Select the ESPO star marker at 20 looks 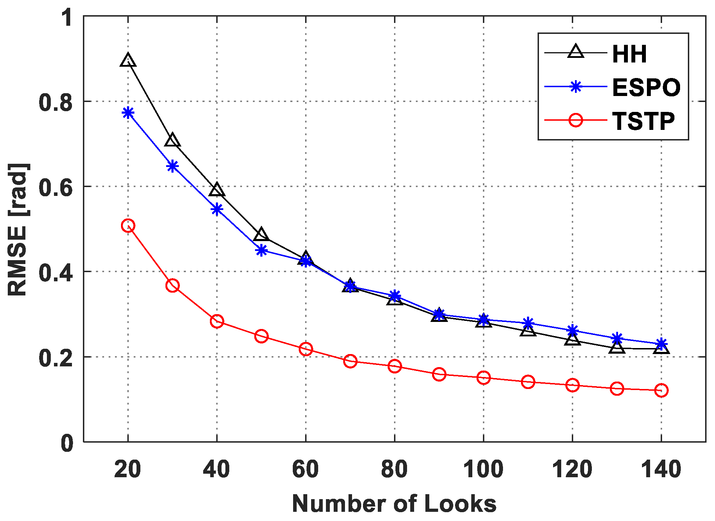click(x=128, y=113)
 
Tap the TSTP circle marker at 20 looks click(x=128, y=226)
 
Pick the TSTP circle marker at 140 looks click(x=661, y=390)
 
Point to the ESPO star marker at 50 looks click(x=261, y=251)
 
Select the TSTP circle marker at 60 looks click(x=305, y=349)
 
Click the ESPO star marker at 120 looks click(x=572, y=330)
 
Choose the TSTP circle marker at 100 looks click(x=483, y=378)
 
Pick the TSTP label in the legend click(x=643, y=121)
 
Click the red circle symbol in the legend click(x=575, y=120)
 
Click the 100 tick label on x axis click(x=483, y=469)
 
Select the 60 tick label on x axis click(x=305, y=469)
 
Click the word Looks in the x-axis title click(x=460, y=504)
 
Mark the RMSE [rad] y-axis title click(x=18, y=229)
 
